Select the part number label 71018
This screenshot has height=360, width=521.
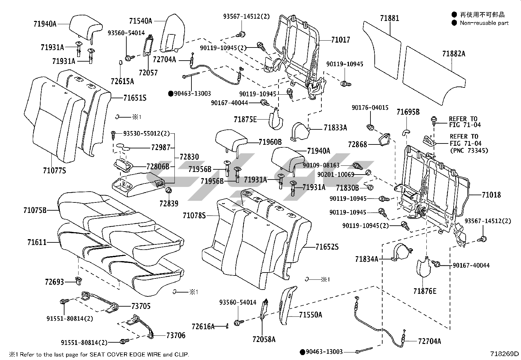491,195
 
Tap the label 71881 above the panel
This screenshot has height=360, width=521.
389,18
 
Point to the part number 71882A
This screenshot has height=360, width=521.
454,54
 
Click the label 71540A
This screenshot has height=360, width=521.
140,21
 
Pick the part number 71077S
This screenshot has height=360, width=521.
54,170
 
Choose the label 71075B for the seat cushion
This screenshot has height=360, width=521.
35,210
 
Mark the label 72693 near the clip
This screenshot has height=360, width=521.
55,282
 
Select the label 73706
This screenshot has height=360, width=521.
176,335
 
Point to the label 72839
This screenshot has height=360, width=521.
169,203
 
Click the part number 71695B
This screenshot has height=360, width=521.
408,112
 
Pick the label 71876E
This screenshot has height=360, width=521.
425,291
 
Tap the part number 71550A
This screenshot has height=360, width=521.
311,315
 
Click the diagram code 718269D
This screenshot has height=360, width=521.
504,354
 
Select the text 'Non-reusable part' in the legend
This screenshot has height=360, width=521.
484,23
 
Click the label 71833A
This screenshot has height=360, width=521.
335,128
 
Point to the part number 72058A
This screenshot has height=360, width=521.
264,339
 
